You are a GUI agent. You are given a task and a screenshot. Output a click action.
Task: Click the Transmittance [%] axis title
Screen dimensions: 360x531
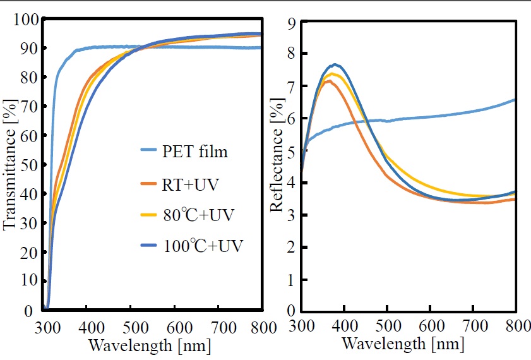point(9,164)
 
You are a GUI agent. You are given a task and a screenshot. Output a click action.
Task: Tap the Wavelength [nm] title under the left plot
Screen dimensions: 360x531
point(150,346)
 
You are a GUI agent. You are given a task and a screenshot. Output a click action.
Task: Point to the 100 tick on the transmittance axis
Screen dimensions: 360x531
point(27,20)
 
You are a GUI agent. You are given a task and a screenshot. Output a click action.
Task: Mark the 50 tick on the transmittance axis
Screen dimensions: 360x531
point(31,165)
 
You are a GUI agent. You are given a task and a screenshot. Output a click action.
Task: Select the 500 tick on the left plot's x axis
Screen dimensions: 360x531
point(131,327)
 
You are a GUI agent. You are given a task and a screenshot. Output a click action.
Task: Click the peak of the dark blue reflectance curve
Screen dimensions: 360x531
point(335,64)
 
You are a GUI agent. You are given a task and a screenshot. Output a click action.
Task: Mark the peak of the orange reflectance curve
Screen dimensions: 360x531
point(328,80)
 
